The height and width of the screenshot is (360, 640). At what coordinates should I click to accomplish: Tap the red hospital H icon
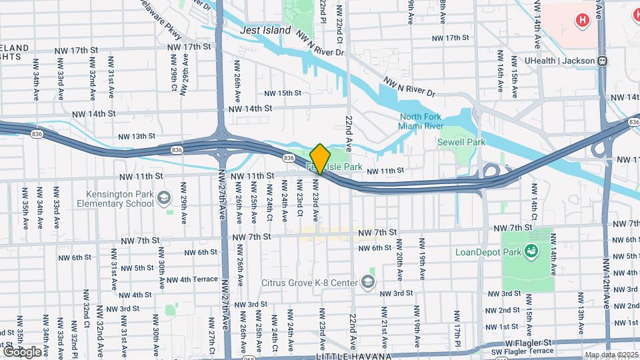click(x=583, y=21)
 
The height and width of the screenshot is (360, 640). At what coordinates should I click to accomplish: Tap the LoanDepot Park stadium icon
click(x=531, y=251)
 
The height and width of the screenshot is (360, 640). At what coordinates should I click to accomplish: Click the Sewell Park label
click(x=459, y=142)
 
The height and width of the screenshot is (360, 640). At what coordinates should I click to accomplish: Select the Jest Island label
click(x=266, y=30)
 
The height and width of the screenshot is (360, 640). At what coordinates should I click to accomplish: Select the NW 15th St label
click(x=283, y=93)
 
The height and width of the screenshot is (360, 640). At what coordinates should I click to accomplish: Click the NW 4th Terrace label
click(x=192, y=280)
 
